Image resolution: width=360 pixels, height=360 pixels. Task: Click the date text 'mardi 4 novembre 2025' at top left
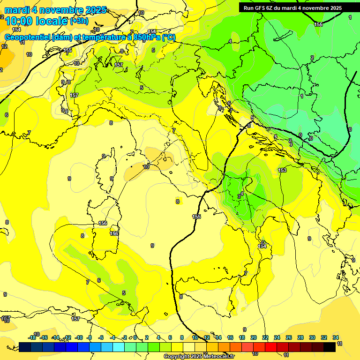click(55, 10)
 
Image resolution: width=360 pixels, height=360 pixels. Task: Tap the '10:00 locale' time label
click(37, 21)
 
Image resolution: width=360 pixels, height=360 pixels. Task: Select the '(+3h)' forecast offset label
click(79, 21)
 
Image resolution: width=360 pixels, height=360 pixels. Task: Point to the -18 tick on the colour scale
click(32, 337)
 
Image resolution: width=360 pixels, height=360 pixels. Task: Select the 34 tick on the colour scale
click(336, 337)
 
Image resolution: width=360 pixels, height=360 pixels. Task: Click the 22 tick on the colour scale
click(265, 337)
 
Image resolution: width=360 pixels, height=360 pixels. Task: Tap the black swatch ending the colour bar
click(330, 346)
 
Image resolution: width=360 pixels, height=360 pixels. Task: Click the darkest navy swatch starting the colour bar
click(25, 346)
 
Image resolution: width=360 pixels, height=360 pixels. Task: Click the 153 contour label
click(282, 170)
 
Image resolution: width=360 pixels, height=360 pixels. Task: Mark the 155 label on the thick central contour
click(196, 217)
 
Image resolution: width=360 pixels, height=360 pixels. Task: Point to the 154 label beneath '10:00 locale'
click(17, 29)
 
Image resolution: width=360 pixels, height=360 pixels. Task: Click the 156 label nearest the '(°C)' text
click(152, 32)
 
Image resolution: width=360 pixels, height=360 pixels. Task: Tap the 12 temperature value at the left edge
click(4, 46)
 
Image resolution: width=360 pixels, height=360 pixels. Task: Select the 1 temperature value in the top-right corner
click(350, 17)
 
